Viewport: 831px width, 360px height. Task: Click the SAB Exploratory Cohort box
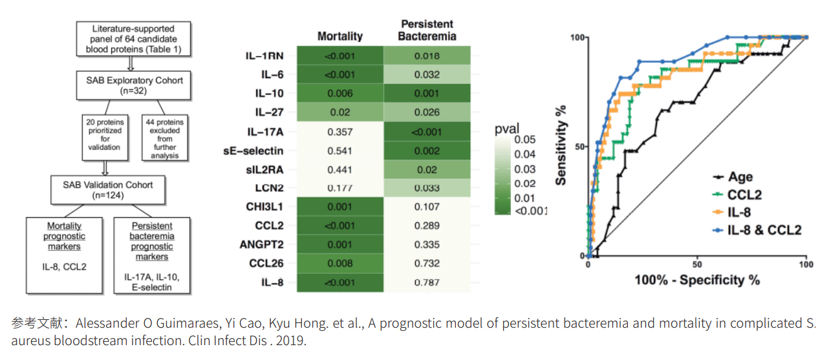pyautogui.click(x=135, y=85)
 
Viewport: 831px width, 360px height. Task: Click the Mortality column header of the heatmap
pyautogui.click(x=340, y=36)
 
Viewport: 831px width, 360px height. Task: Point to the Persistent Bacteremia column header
pyautogui.click(x=427, y=30)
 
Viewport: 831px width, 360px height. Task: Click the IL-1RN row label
pyautogui.click(x=265, y=56)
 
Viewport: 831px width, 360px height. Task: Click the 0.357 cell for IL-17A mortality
pyautogui.click(x=340, y=132)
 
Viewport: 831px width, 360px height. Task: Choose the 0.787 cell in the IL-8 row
pyautogui.click(x=427, y=282)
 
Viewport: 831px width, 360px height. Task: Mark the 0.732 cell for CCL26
pyautogui.click(x=427, y=263)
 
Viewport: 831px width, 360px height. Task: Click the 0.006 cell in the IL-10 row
pyautogui.click(x=340, y=94)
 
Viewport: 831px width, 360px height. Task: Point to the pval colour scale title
pyautogui.click(x=507, y=128)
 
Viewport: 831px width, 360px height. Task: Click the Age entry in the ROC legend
pyautogui.click(x=741, y=177)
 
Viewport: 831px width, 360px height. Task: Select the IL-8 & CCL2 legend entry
pyautogui.click(x=764, y=229)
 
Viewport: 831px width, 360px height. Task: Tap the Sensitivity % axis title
pyautogui.click(x=561, y=144)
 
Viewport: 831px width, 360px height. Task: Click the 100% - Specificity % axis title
pyautogui.click(x=697, y=280)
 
